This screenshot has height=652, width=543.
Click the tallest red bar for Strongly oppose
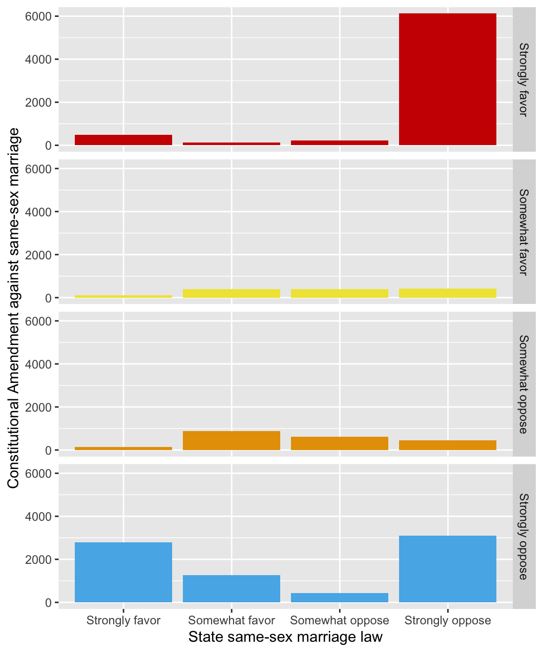tap(447, 79)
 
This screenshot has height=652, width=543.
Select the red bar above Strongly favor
tap(123, 140)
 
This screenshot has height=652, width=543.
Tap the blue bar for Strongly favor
tap(123, 572)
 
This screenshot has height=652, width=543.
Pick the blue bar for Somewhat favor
tap(232, 588)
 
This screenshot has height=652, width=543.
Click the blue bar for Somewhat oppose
tap(340, 598)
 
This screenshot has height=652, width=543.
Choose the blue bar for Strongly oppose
tap(447, 569)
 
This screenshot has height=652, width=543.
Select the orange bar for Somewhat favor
tap(232, 441)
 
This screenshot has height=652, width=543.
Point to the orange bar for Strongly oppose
tap(447, 445)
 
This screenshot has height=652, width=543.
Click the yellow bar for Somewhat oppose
tap(340, 293)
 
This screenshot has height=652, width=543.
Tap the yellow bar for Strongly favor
tap(123, 296)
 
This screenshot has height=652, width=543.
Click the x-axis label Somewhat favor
tap(232, 621)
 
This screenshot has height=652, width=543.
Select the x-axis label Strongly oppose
tap(447, 621)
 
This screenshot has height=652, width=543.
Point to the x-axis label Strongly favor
tap(123, 621)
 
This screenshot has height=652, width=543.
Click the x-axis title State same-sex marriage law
tap(285, 637)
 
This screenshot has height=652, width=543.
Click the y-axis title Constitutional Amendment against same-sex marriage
tap(14, 308)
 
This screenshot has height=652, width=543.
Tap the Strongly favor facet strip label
tap(523, 79)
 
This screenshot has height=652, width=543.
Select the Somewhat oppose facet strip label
tap(523, 384)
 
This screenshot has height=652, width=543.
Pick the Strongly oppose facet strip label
tap(523, 536)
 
